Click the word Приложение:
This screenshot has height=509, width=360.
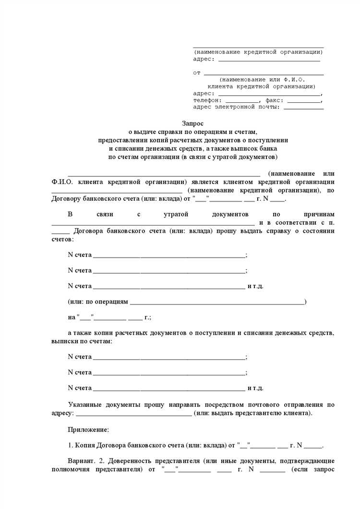89,429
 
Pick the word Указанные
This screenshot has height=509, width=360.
85,405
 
